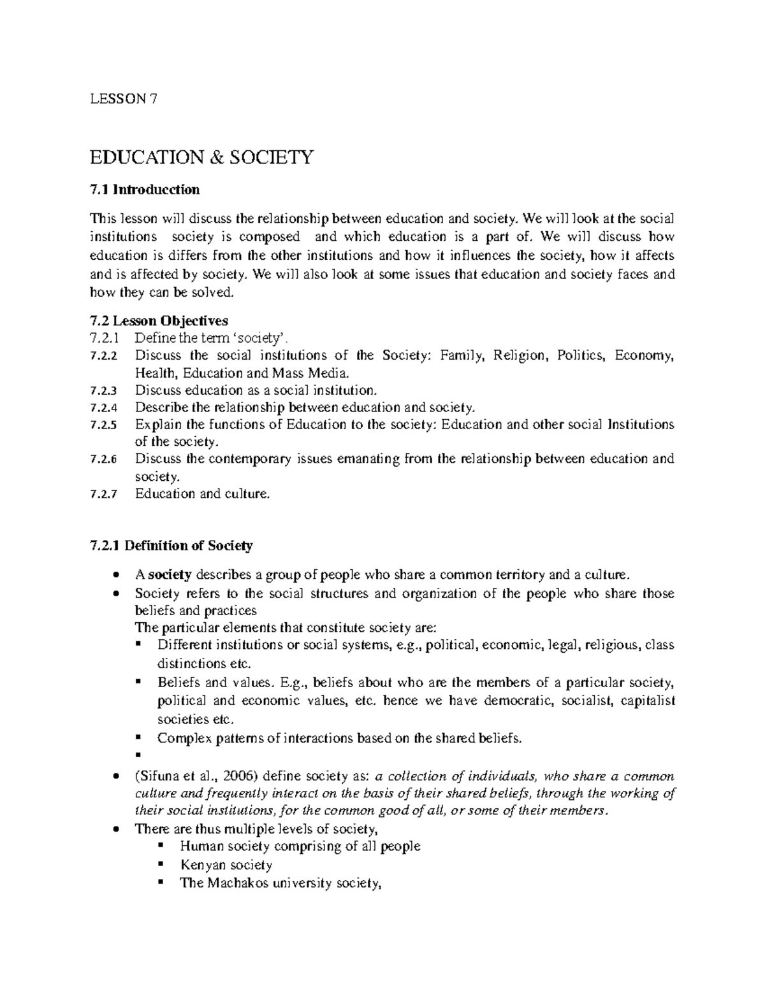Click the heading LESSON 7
124,98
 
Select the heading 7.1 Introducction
145,190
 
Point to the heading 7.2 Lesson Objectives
159,320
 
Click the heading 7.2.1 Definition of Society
172,546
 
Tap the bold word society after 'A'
170,575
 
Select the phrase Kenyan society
226,865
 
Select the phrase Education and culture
203,494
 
